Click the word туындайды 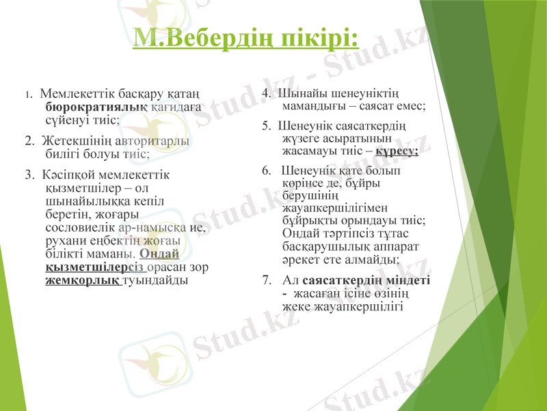[x=154, y=280]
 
